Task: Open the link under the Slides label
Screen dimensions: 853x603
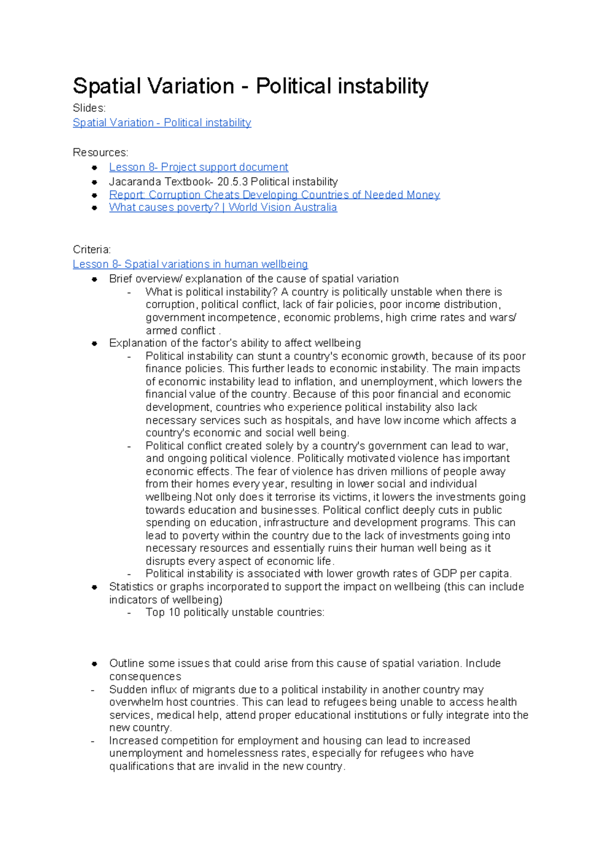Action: (162, 123)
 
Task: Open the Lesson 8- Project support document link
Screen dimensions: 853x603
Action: (198, 167)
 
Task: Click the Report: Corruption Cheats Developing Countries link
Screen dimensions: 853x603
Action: (274, 195)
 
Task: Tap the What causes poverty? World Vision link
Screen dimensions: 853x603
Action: (223, 207)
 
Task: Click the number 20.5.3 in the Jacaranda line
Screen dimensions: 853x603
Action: (233, 182)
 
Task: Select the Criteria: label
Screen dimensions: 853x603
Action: (91, 249)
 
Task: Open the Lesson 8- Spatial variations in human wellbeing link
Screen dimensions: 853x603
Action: (190, 264)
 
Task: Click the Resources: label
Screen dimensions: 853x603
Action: (100, 152)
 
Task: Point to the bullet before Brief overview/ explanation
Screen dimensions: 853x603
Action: (94, 279)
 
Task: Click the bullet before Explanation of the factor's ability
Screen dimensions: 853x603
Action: (94, 344)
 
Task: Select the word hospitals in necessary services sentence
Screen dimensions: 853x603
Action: (308, 420)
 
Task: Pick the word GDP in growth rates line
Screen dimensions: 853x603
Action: (445, 574)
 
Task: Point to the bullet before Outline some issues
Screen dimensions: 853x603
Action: (94, 664)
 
